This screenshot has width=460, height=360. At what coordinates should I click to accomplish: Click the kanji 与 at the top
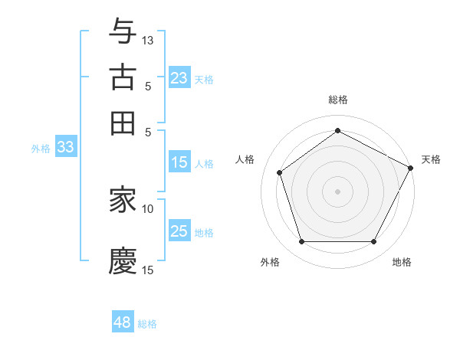click(123, 33)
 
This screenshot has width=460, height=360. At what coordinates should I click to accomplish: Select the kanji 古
click(123, 78)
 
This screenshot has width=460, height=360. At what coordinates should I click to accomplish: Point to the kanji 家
click(123, 201)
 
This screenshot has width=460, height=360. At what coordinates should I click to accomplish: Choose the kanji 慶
click(123, 261)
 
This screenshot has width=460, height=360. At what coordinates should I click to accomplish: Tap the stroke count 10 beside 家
click(148, 208)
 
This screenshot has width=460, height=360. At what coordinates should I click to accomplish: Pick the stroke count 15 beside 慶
click(148, 270)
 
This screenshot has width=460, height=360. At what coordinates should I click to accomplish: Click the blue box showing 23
click(179, 78)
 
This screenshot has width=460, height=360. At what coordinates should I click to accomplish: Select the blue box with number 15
click(179, 162)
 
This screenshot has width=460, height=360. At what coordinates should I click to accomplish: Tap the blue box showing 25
click(179, 231)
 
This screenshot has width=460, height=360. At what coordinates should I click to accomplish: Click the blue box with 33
click(65, 148)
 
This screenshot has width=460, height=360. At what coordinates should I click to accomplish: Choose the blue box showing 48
click(122, 322)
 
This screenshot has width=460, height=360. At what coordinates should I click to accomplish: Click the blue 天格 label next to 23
click(204, 79)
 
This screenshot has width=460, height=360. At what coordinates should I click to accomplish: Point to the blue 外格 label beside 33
click(41, 149)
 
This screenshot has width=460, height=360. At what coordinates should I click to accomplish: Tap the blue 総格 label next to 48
click(147, 324)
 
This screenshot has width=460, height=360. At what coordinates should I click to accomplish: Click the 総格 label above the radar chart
click(338, 100)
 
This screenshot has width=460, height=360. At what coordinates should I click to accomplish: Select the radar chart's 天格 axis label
click(431, 159)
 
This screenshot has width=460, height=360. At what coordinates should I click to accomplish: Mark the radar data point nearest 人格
click(280, 172)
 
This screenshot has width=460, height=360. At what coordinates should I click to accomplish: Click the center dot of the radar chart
click(337, 191)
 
